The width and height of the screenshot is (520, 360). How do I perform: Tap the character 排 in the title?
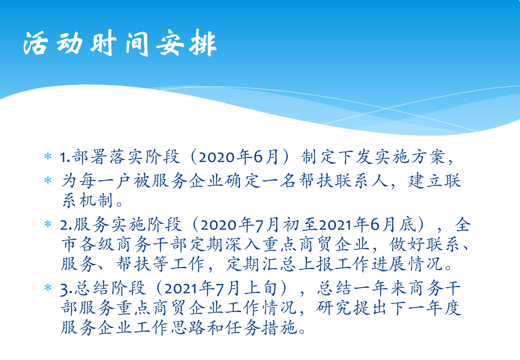point(203,43)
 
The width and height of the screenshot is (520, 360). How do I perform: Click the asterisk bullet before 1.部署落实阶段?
point(48,156)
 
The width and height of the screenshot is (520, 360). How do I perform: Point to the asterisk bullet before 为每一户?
point(48,180)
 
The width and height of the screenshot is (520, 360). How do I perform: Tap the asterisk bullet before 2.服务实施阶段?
point(48,224)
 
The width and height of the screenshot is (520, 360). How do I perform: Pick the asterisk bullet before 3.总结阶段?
point(48,288)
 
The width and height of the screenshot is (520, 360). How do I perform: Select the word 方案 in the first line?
point(429,157)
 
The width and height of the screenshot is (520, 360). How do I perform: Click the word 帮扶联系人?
point(343,181)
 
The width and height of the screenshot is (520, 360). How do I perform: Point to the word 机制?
point(96,200)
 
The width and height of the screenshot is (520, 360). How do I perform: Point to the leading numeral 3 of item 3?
point(64,290)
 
